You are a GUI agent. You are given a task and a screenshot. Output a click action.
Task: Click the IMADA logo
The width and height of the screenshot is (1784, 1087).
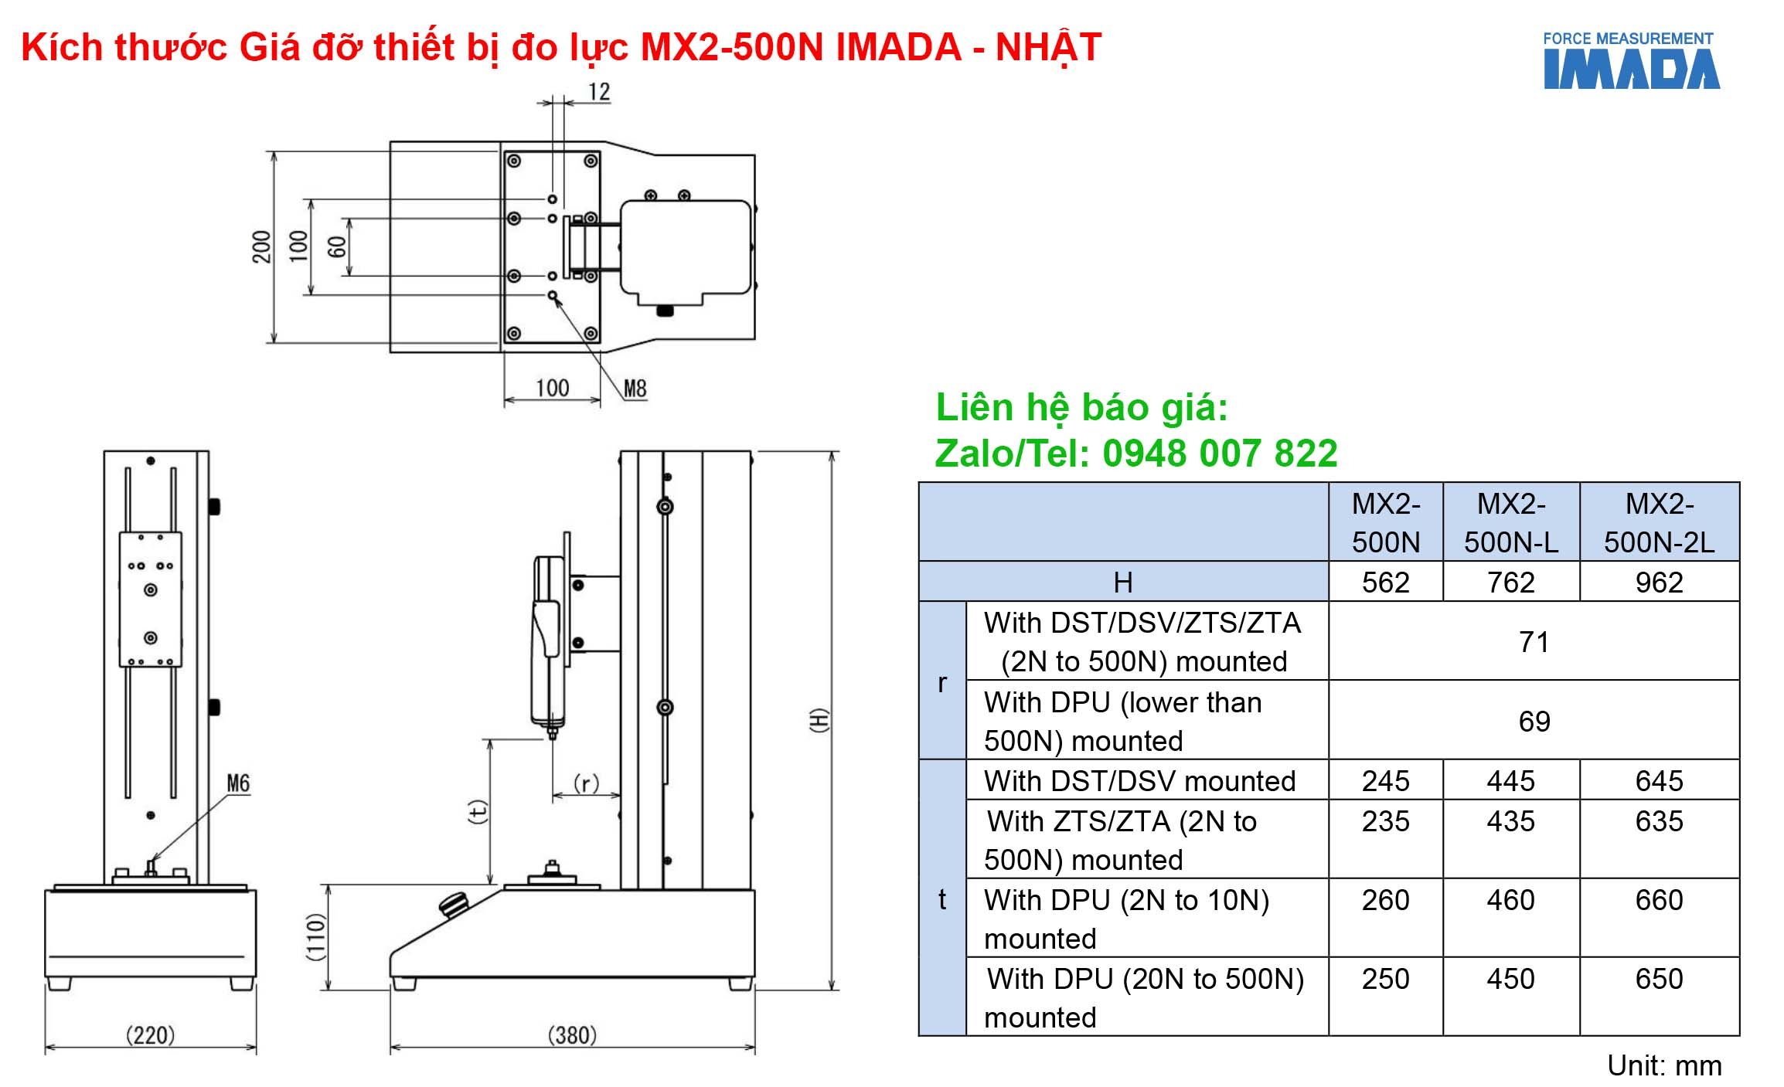tap(1631, 61)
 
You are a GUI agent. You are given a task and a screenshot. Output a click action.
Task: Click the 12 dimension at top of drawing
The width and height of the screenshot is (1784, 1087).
tap(599, 92)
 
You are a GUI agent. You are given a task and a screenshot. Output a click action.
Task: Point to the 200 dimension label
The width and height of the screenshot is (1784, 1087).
tap(262, 246)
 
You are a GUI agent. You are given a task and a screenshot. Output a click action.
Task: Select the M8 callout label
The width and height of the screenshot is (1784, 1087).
tap(635, 388)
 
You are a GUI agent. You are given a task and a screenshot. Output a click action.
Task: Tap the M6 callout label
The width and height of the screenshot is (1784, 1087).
tap(238, 783)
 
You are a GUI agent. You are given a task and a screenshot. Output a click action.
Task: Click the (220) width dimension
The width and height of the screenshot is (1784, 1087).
tap(150, 1034)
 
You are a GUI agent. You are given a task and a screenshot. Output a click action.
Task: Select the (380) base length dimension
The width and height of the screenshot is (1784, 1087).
tap(572, 1034)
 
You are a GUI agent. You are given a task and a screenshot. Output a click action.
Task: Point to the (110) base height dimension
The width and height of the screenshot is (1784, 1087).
tap(316, 936)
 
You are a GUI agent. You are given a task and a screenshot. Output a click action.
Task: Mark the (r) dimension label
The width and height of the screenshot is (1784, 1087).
tap(586, 783)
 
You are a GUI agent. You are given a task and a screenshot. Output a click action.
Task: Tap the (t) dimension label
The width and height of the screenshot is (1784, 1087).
tap(478, 811)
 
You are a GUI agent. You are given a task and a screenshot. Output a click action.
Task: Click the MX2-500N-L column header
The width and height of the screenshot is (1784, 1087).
tap(1510, 523)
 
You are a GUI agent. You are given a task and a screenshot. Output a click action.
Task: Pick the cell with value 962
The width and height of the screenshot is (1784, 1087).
tap(1659, 583)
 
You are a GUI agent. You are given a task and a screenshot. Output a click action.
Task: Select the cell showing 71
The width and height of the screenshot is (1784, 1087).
tap(1534, 642)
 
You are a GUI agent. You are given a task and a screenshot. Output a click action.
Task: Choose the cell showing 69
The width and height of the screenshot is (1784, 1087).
tap(1534, 722)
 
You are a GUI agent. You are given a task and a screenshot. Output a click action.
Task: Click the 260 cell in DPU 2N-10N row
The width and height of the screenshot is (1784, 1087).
tap(1385, 900)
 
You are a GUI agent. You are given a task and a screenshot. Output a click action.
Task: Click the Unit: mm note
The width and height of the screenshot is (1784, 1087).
tap(1663, 1065)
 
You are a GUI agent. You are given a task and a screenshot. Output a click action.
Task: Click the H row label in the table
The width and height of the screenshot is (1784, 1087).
tap(1122, 583)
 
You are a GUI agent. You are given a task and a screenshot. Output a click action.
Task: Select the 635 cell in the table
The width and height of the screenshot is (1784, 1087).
tap(1659, 821)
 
